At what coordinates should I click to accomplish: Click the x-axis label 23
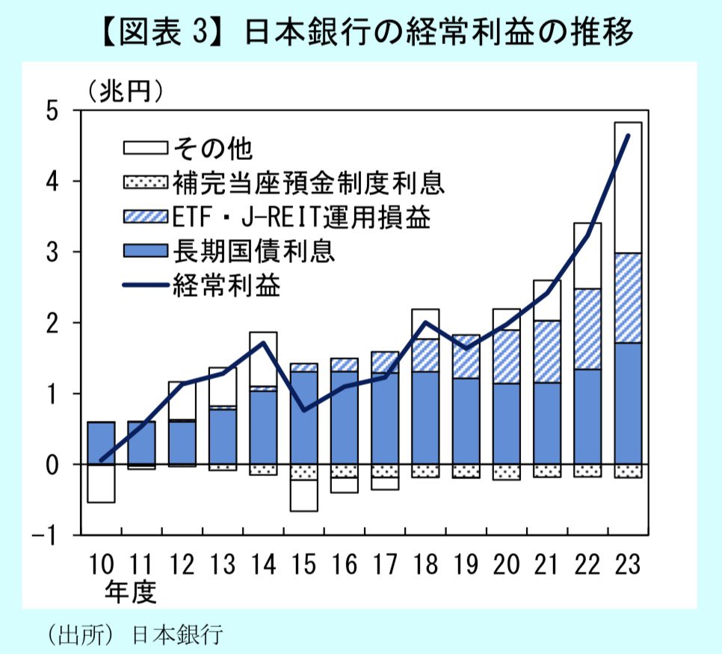click(x=627, y=564)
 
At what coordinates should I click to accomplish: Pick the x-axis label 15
click(x=303, y=564)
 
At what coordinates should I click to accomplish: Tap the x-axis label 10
click(x=100, y=564)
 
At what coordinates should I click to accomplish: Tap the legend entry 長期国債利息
click(x=253, y=251)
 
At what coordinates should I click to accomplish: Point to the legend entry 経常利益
click(x=226, y=286)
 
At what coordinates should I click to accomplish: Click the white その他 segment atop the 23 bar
click(x=627, y=187)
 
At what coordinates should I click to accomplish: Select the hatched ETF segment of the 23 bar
click(x=627, y=297)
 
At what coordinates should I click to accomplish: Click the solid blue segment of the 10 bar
click(x=100, y=443)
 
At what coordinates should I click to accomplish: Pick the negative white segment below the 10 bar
click(x=100, y=484)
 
